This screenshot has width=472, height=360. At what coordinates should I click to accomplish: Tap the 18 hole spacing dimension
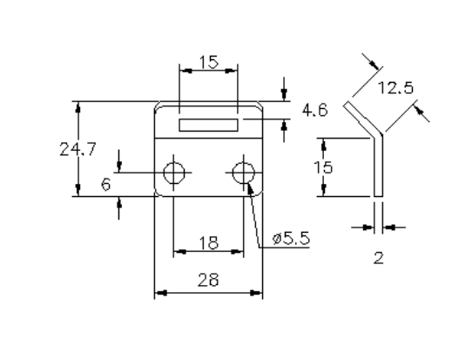[208, 243]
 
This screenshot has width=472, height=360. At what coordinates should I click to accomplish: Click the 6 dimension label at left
[105, 184]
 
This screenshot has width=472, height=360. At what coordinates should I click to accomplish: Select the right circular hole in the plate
[243, 172]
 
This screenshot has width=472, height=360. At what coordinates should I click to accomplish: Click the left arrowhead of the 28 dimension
[159, 294]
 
